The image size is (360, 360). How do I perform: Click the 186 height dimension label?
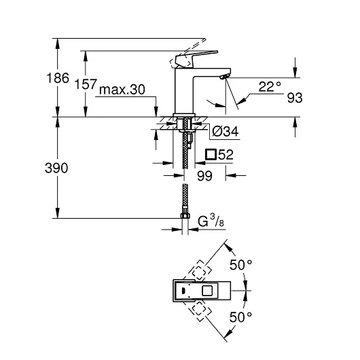click(58, 78)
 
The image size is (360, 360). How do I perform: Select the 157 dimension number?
click(86, 84)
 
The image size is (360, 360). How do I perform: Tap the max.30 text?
click(122, 90)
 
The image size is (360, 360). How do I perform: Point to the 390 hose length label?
click(56, 168)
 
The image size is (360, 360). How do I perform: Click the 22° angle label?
click(270, 86)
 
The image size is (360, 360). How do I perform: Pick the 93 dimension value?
click(295, 98)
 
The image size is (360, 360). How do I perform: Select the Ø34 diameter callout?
click(226, 131)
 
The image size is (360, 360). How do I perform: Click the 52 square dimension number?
click(226, 154)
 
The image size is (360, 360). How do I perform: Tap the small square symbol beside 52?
click(211, 154)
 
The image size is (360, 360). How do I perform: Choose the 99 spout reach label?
click(205, 176)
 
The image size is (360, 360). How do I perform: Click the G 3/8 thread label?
click(211, 221)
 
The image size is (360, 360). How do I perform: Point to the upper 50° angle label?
click(241, 265)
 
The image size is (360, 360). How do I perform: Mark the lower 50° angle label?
click(241, 317)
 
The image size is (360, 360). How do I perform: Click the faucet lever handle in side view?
click(196, 59)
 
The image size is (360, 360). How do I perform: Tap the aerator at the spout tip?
click(224, 77)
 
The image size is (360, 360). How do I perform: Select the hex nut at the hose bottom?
click(185, 215)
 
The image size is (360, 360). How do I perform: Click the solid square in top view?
click(207, 291)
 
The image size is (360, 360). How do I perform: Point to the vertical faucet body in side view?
click(184, 91)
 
